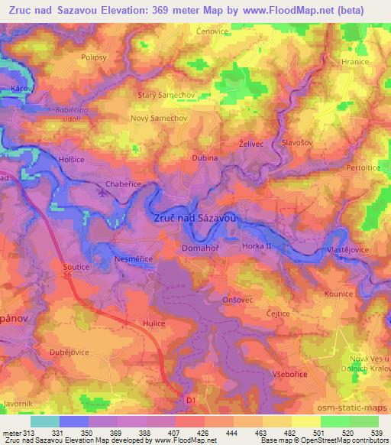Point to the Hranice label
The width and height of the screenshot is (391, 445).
(355, 62)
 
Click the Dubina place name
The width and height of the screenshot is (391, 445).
(205, 158)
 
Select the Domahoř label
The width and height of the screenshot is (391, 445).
(201, 248)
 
